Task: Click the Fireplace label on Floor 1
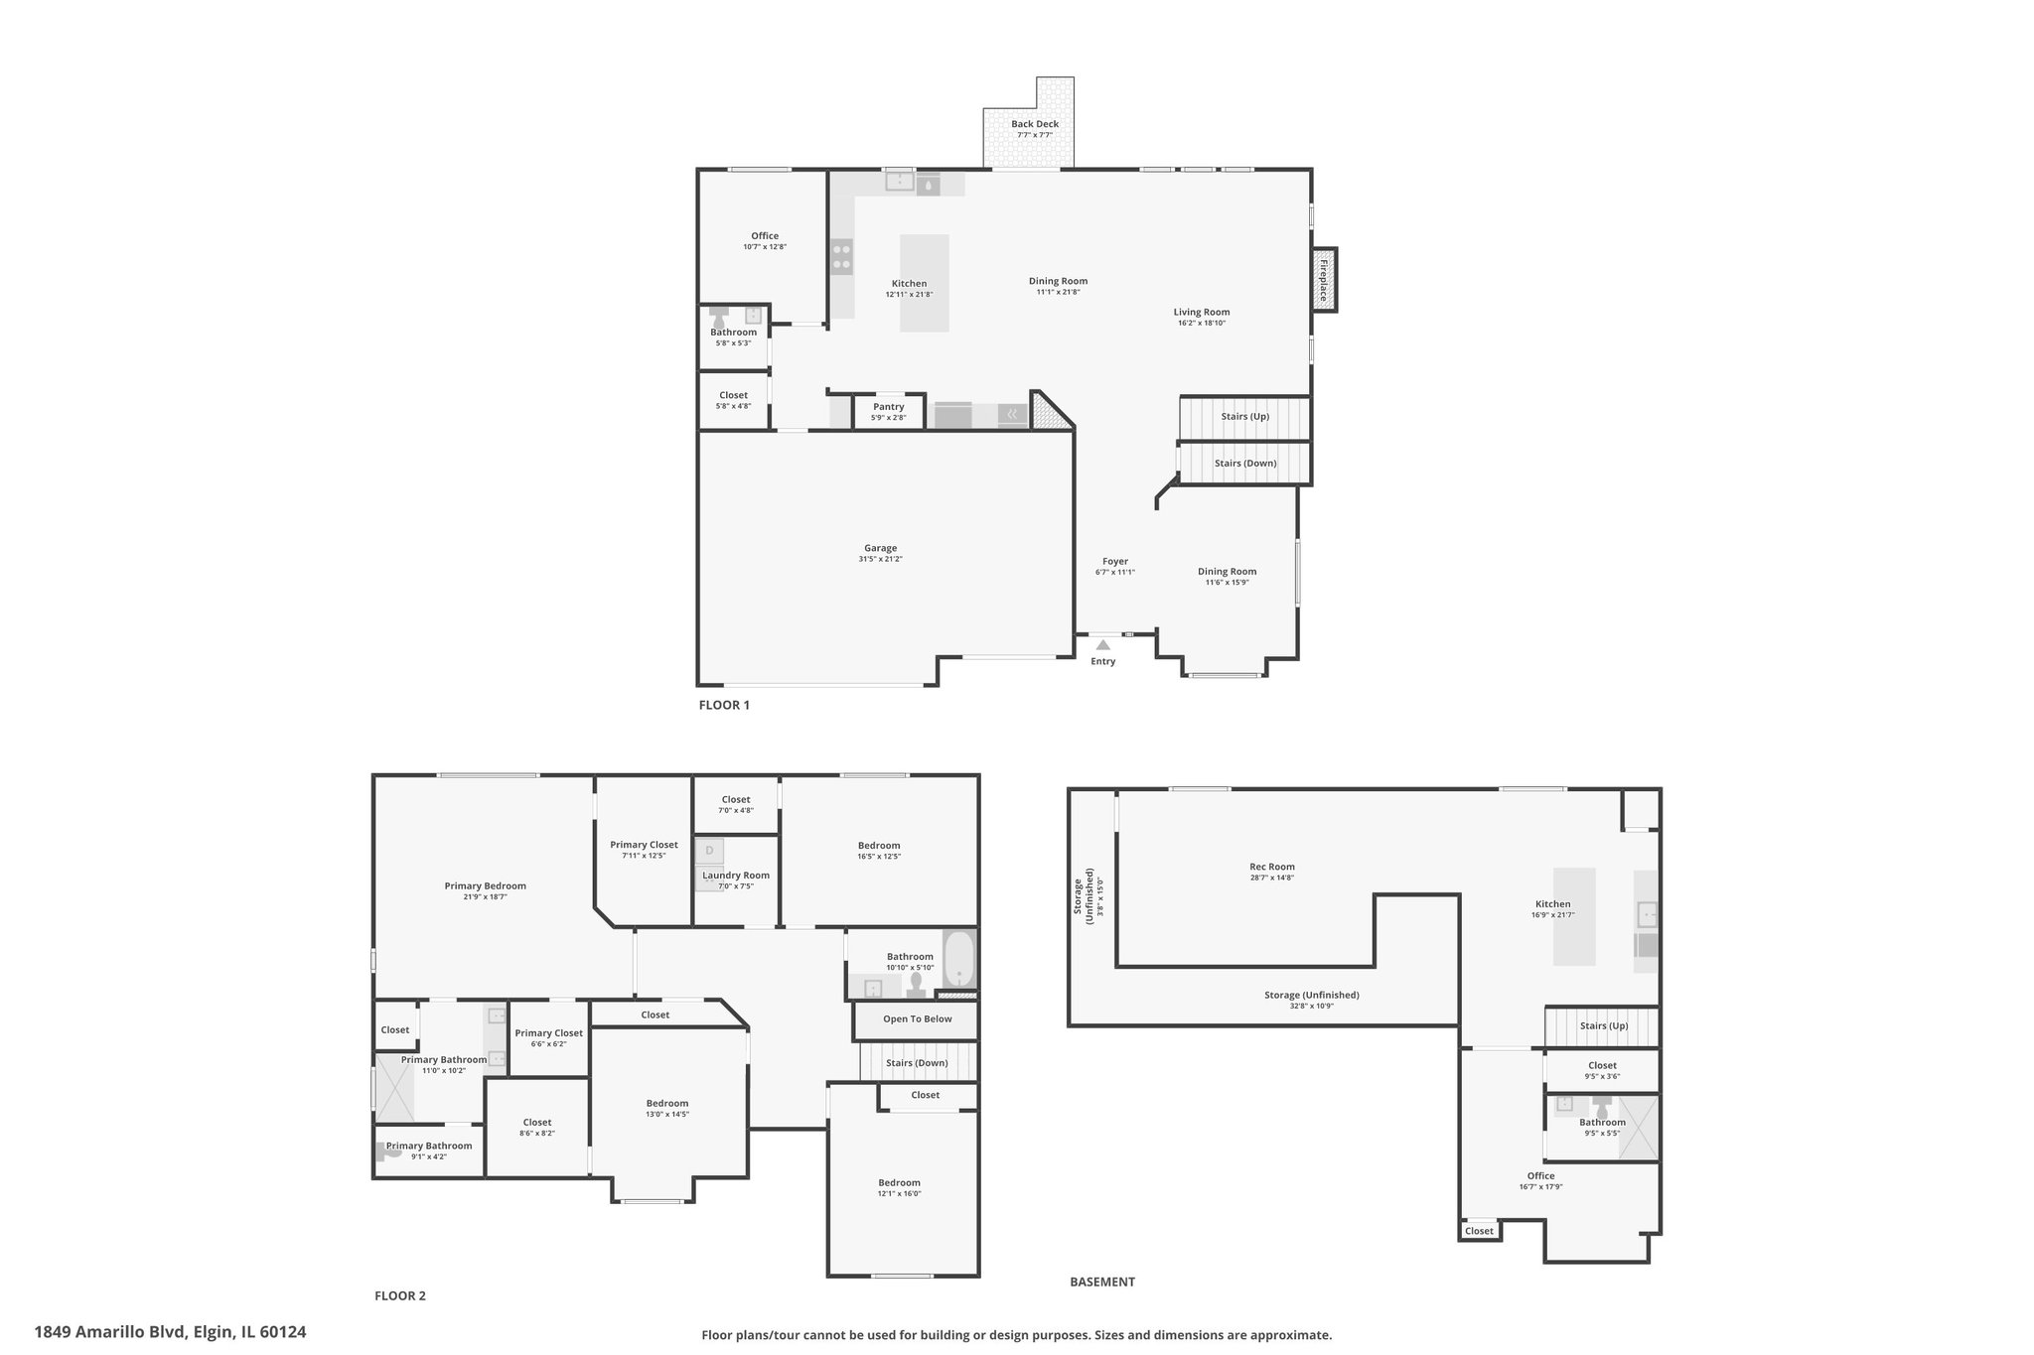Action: [1323, 280]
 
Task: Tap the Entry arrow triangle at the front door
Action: [1102, 645]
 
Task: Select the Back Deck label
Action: [1035, 124]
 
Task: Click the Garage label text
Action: [880, 548]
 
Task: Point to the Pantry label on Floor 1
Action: [889, 407]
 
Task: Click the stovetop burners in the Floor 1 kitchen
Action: [842, 256]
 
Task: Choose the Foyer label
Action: [1115, 562]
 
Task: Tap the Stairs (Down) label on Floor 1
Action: [1245, 464]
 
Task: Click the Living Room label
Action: [1202, 313]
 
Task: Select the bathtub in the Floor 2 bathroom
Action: [959, 959]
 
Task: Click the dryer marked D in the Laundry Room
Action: [709, 851]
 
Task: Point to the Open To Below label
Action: [918, 1019]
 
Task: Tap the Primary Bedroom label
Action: [486, 886]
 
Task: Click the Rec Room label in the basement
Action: [1272, 867]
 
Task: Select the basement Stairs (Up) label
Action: [1604, 1026]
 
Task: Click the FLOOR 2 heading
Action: [400, 1295]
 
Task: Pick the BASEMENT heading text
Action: [1102, 1282]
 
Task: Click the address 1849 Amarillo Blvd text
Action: [110, 1332]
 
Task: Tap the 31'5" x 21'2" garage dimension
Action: [881, 559]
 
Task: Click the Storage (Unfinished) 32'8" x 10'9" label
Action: [1312, 1001]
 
